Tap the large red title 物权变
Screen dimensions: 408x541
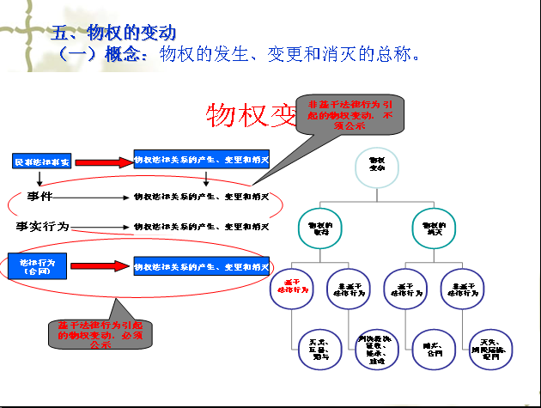coord(249,116)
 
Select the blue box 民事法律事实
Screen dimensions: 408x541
coord(42,161)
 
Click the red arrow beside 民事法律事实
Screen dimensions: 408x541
coord(104,161)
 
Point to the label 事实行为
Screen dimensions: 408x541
coord(42,227)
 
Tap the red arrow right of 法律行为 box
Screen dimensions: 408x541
coord(100,266)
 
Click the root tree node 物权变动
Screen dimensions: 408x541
coord(378,167)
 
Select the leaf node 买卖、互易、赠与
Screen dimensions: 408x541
coord(316,350)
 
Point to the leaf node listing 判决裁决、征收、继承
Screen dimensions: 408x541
coord(374,350)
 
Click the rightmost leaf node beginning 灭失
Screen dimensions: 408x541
coord(490,350)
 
